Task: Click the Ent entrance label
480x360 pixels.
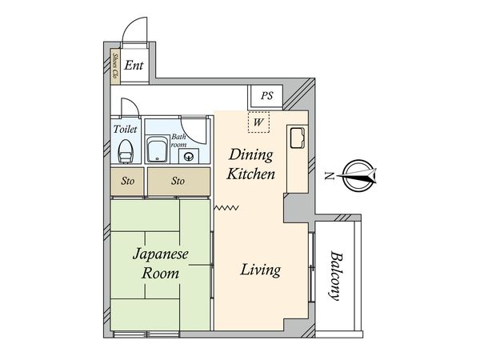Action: [x=134, y=66]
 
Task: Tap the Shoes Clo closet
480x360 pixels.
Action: [x=114, y=66]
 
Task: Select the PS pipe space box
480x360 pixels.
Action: [x=266, y=96]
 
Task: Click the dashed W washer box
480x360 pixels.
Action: [x=258, y=122]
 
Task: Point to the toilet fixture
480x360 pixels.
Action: [x=126, y=151]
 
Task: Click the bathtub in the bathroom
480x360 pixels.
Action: [x=158, y=150]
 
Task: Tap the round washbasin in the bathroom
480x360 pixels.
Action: [x=189, y=157]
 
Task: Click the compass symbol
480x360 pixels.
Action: [x=358, y=175]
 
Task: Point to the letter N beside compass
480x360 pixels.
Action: [x=329, y=176]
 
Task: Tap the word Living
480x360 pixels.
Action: [x=260, y=270]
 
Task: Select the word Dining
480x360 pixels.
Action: [x=250, y=155]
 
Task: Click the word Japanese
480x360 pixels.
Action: [x=161, y=254]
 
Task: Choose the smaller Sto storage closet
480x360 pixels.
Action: [x=127, y=181]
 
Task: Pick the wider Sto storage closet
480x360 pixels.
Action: [x=178, y=181]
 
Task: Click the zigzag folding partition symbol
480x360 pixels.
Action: [x=226, y=208]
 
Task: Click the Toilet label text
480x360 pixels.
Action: [x=125, y=129]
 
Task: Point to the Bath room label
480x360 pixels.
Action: [x=178, y=141]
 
